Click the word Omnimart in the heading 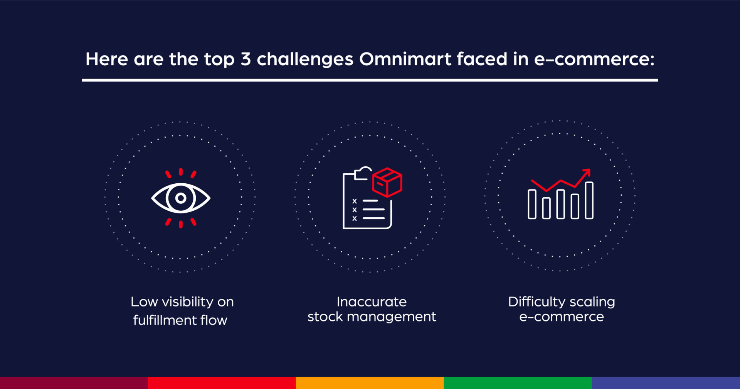coord(405,59)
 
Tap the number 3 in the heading coord(246,59)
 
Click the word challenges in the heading coord(305,60)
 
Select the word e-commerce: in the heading coord(594,59)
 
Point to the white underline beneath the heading coord(370,80)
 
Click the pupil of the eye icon coord(180,198)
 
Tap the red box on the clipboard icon coord(387,182)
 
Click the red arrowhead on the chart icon coord(587,172)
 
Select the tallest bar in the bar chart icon coord(589,200)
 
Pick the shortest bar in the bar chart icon coord(546,208)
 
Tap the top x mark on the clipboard coord(355,201)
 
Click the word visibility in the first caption coord(187,302)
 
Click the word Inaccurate coord(372,302)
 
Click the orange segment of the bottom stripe coord(370,383)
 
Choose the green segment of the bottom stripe coord(518,383)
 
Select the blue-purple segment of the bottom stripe coord(666,383)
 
